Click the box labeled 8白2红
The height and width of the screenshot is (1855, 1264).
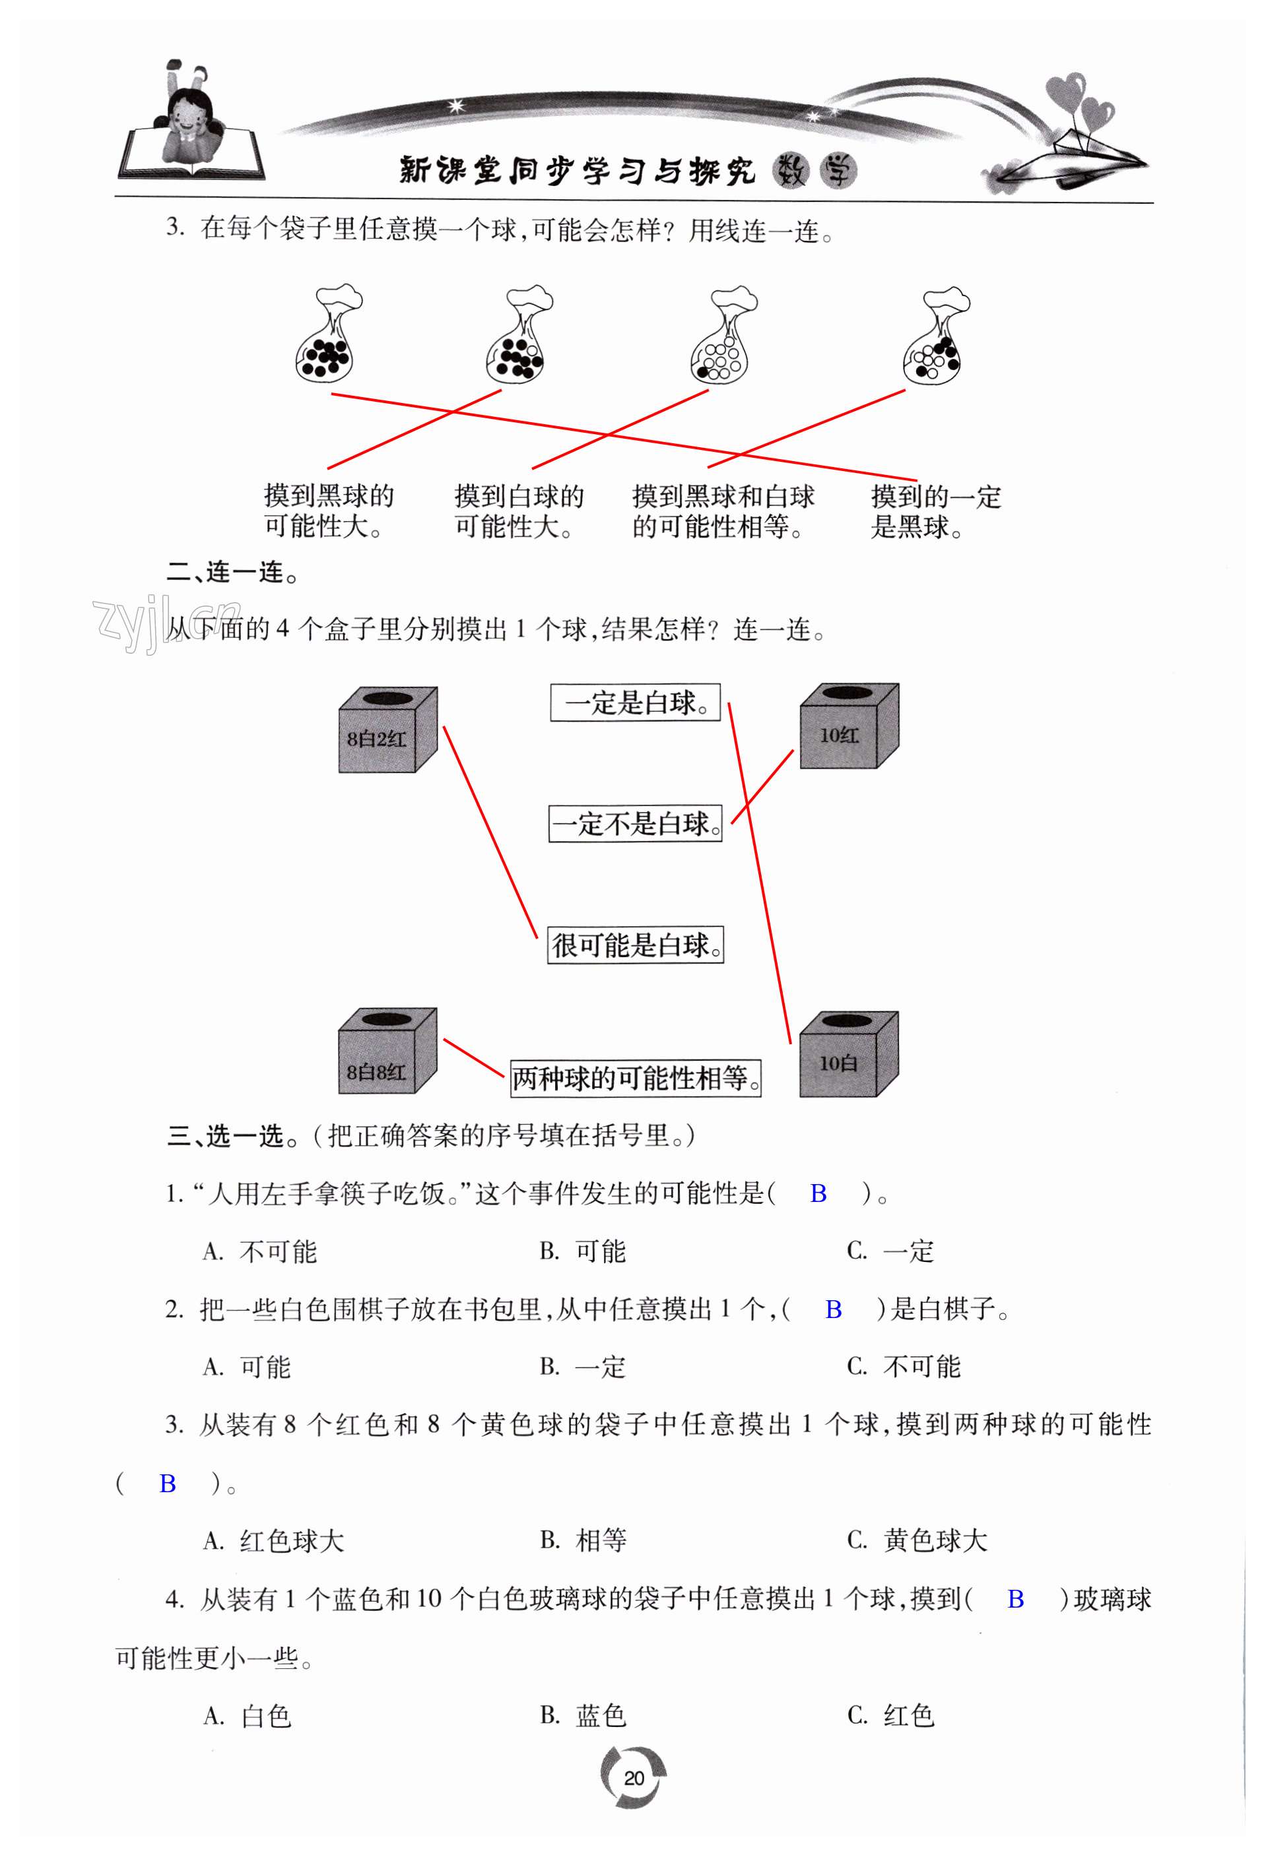[x=387, y=730]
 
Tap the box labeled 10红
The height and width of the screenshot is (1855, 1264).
[x=849, y=726]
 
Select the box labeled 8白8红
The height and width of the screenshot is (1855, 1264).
[x=387, y=1052]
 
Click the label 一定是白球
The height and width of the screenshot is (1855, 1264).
[x=635, y=703]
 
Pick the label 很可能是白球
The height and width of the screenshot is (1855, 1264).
[x=635, y=945]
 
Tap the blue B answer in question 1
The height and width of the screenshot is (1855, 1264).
[x=818, y=1193]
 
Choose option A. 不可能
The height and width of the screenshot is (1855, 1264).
[x=260, y=1251]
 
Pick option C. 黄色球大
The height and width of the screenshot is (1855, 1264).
[x=917, y=1540]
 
